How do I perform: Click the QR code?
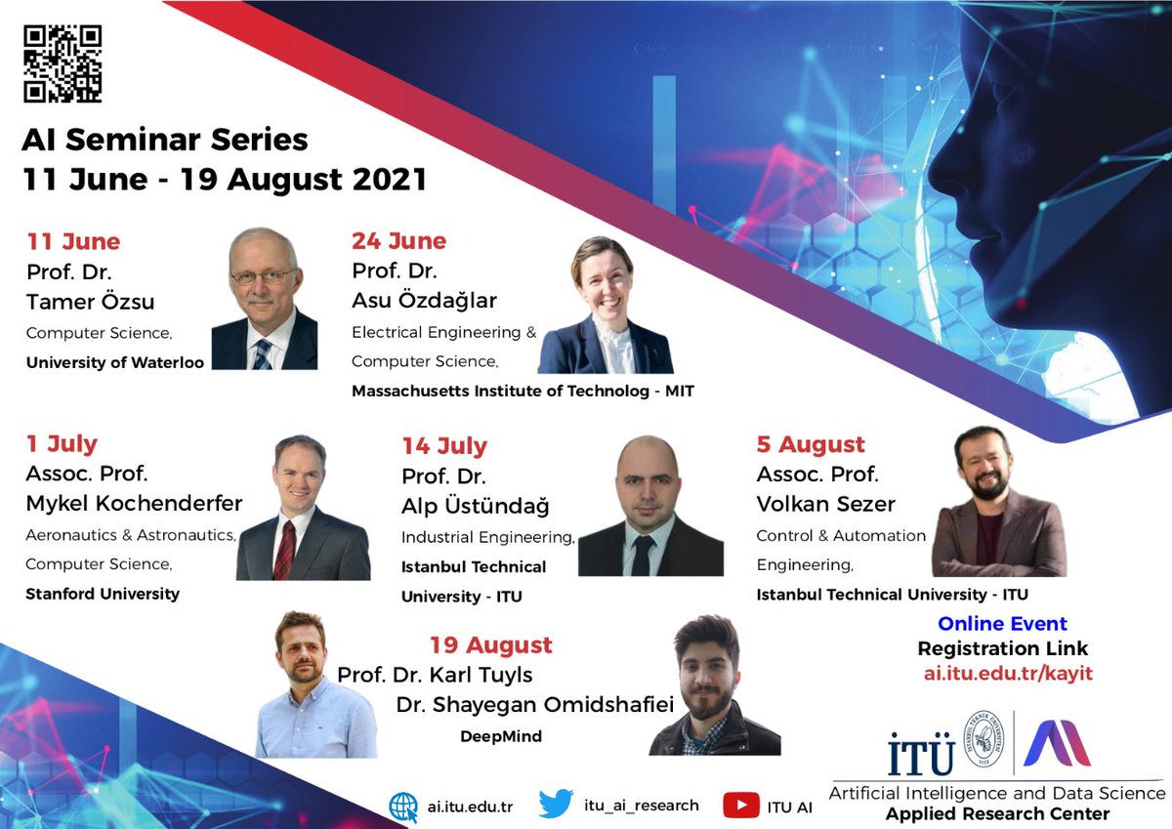[63, 63]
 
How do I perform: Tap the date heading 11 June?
[73, 241]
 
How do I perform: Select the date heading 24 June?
[398, 241]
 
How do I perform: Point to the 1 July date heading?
[62, 444]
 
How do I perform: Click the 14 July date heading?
[444, 446]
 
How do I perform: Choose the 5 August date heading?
[811, 445]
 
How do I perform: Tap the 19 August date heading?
[490, 645]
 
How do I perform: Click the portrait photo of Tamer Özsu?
[264, 299]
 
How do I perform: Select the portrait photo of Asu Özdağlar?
[606, 306]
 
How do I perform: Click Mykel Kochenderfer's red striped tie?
[284, 548]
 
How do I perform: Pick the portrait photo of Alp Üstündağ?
[650, 506]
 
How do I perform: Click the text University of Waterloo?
[115, 363]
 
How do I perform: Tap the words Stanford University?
[103, 594]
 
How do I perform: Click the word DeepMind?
[501, 736]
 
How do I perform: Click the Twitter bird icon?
[556, 805]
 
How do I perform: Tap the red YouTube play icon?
[741, 806]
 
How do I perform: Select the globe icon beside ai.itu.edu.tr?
[403, 807]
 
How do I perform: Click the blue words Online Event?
[1002, 624]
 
